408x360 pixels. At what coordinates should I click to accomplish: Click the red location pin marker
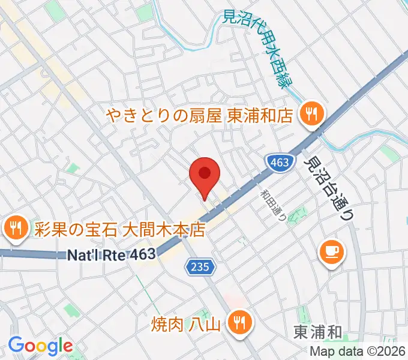(205, 175)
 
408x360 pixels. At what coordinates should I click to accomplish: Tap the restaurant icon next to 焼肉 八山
(240, 325)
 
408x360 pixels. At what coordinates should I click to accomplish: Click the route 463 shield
(279, 162)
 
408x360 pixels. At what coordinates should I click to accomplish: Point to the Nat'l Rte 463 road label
(111, 255)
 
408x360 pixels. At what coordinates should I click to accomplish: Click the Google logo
(40, 346)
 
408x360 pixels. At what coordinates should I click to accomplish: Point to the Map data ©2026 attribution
(357, 352)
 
